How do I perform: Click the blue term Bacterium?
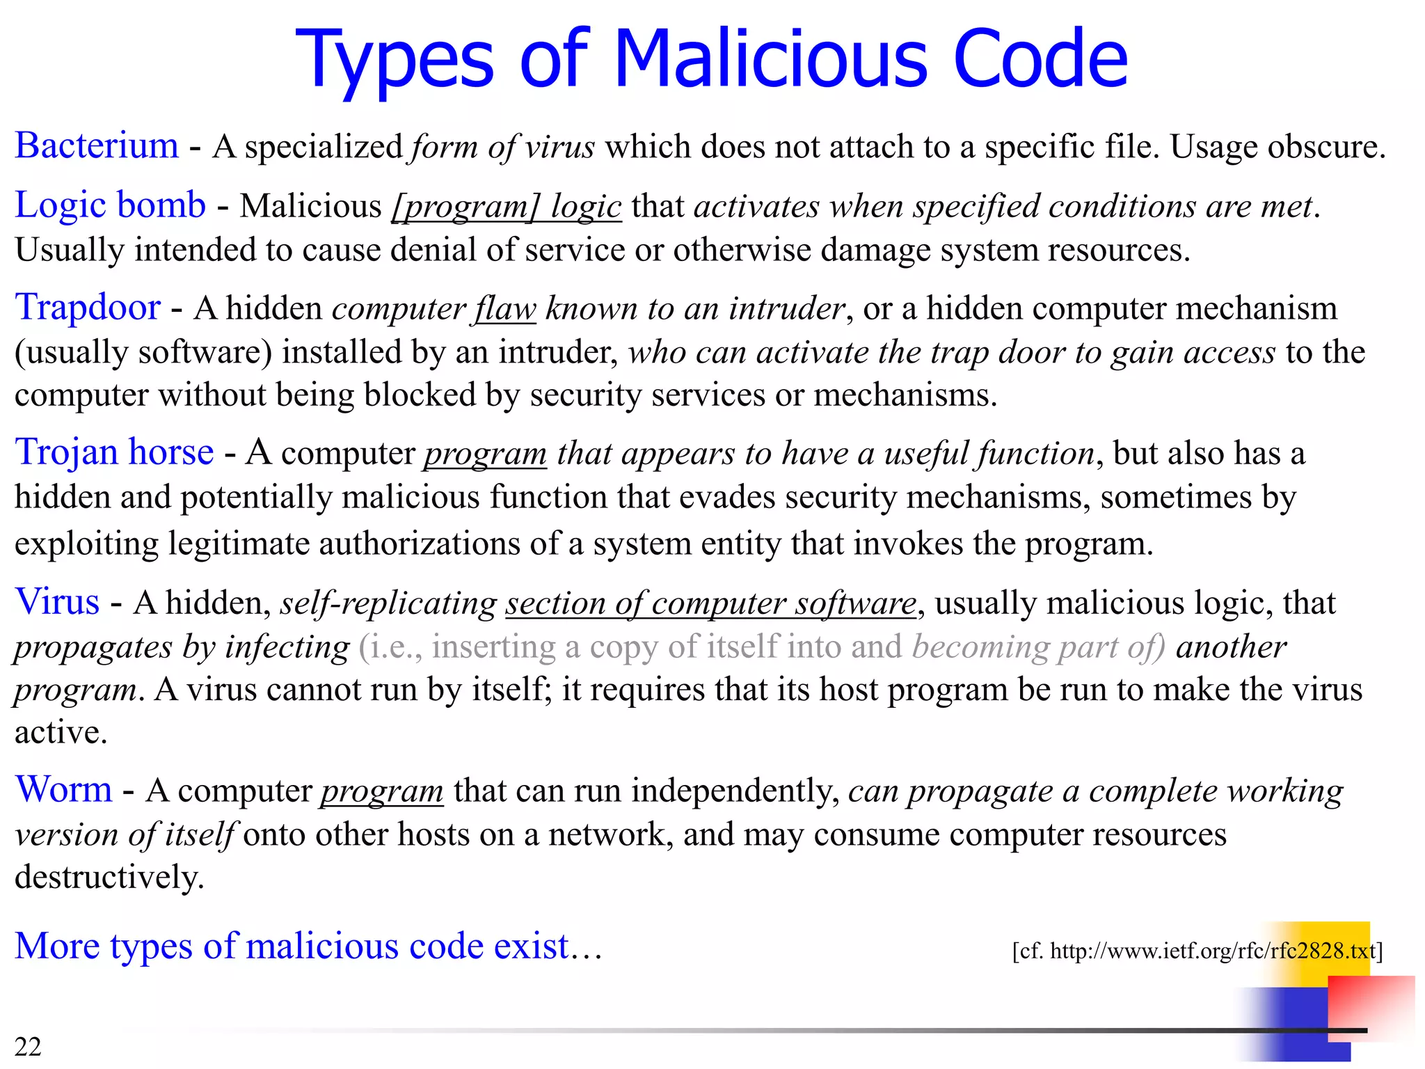pyautogui.click(x=97, y=146)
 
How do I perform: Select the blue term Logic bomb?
pyautogui.click(x=110, y=205)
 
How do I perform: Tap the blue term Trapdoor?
pyautogui.click(x=88, y=308)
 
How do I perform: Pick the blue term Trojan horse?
pyautogui.click(x=114, y=452)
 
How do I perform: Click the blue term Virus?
pyautogui.click(x=57, y=602)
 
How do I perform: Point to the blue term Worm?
pyautogui.click(x=63, y=790)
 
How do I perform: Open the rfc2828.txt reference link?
pyautogui.click(x=1197, y=951)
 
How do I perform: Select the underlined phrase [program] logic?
pyautogui.click(x=507, y=207)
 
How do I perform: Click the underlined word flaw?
pyautogui.click(x=505, y=309)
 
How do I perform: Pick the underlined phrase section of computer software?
pyautogui.click(x=710, y=603)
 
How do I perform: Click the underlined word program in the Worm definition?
pyautogui.click(x=381, y=791)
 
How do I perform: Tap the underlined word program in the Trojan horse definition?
pyautogui.click(x=485, y=454)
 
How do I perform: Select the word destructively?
pyautogui.click(x=109, y=877)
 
